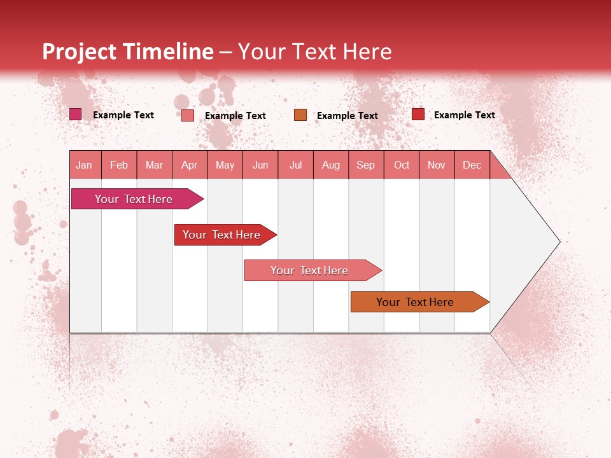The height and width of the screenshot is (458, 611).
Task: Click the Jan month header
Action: click(x=84, y=165)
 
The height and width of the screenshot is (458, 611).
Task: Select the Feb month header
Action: click(x=119, y=165)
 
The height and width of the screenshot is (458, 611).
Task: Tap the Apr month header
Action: click(x=189, y=165)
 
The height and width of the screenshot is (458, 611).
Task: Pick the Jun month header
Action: click(x=260, y=165)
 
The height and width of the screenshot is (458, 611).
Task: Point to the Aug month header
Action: click(x=331, y=165)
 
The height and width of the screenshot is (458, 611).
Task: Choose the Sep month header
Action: click(x=366, y=165)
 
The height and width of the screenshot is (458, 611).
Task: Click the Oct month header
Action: click(x=402, y=165)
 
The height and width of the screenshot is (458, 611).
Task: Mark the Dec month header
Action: click(x=472, y=165)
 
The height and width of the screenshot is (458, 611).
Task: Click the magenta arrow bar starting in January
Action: click(x=134, y=199)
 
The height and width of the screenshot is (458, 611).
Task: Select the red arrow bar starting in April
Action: click(x=222, y=235)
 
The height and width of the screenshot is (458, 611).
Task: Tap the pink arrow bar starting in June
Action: click(x=310, y=270)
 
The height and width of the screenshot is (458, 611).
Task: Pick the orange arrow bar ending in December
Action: click(x=416, y=302)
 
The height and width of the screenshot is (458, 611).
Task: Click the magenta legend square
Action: click(x=76, y=114)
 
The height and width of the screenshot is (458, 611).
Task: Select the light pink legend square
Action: click(x=188, y=115)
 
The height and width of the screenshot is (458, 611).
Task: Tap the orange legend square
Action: click(x=300, y=114)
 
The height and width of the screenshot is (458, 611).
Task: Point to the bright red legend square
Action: click(x=418, y=114)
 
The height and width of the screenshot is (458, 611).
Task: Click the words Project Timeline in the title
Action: click(x=127, y=52)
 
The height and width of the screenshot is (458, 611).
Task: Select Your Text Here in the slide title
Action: click(x=315, y=52)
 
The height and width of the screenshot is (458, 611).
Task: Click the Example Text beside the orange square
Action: click(x=348, y=115)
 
